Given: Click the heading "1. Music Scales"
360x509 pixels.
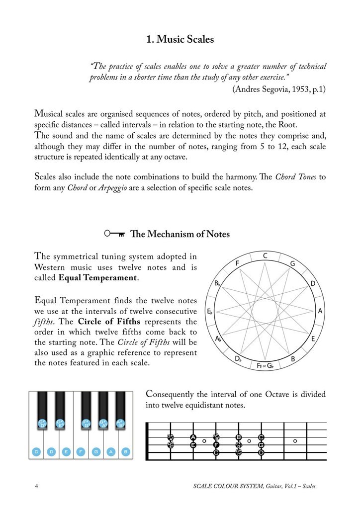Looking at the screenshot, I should point(180,39).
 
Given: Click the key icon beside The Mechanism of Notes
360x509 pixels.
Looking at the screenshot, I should point(114,234).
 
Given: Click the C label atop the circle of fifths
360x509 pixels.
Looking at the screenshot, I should point(266,255).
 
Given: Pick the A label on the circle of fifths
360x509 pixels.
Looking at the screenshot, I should point(321,311).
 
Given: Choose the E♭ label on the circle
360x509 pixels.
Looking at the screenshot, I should point(210,312).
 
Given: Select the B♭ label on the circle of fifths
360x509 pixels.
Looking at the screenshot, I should point(217,284).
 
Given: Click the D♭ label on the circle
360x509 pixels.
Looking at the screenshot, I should point(238,358).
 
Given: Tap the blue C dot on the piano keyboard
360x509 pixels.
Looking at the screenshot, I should point(36,452).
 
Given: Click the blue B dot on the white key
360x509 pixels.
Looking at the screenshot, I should point(126,452).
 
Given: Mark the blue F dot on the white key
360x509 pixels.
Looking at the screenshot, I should point(81,452).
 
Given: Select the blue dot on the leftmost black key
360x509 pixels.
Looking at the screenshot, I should point(43,424).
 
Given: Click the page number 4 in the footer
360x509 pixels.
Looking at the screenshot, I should point(36,486).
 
